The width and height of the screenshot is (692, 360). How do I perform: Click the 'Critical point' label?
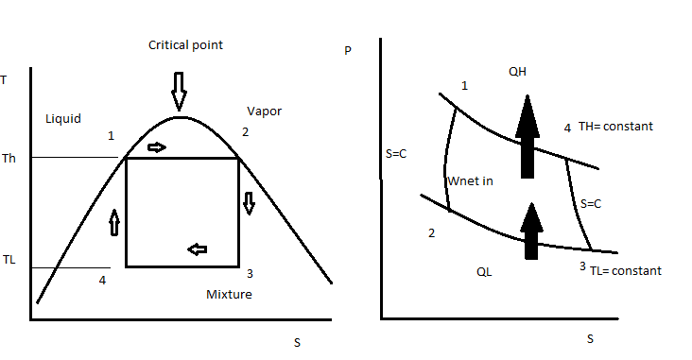click(x=184, y=44)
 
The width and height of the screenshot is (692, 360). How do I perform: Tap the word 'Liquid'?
click(x=63, y=119)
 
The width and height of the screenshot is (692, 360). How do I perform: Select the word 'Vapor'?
click(x=264, y=111)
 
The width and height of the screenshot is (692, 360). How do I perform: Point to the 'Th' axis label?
click(x=10, y=158)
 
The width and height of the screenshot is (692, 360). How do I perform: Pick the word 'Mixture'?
click(x=229, y=294)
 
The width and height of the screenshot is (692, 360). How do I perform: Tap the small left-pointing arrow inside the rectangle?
click(x=197, y=249)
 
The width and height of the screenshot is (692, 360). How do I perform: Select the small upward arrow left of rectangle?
click(x=115, y=222)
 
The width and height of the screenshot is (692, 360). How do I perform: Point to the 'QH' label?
click(x=517, y=71)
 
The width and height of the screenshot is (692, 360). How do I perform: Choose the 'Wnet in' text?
click(x=469, y=180)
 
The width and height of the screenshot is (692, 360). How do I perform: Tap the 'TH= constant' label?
click(x=615, y=126)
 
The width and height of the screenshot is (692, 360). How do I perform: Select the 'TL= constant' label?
click(x=625, y=270)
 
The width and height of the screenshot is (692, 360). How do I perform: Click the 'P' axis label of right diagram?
click(x=347, y=51)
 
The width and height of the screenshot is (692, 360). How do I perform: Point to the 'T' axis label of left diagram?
click(x=5, y=80)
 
